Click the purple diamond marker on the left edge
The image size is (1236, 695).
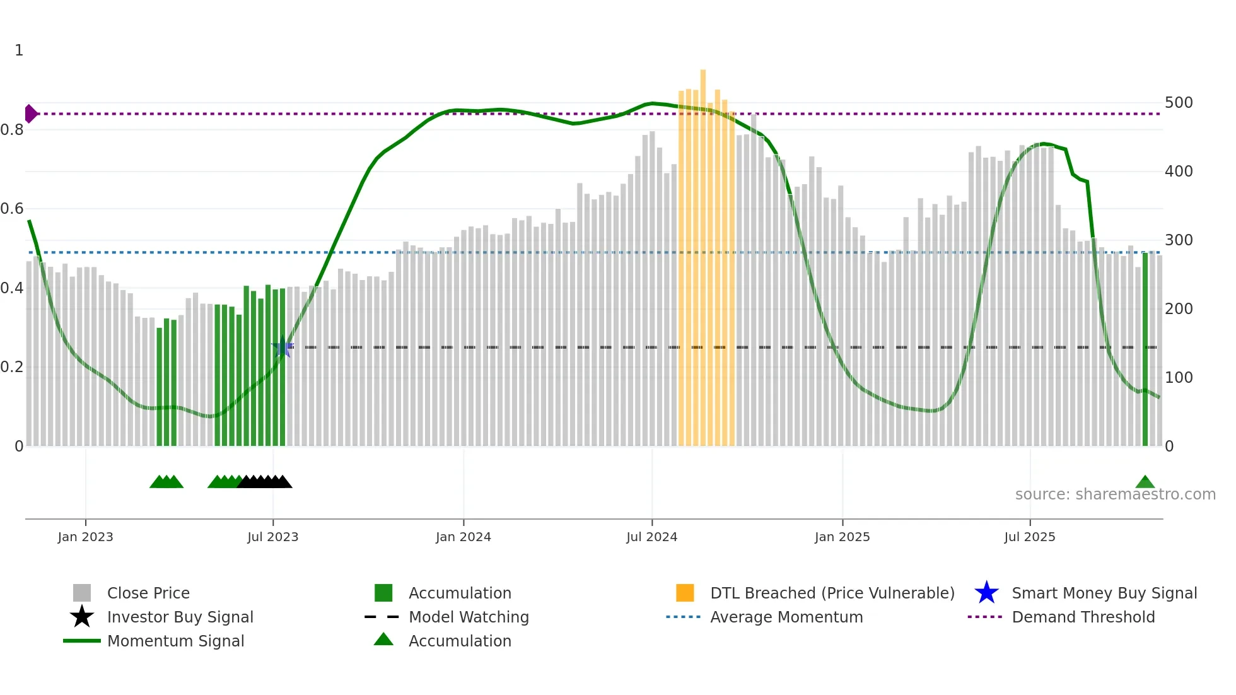[x=30, y=114]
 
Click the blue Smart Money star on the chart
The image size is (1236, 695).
[x=283, y=347]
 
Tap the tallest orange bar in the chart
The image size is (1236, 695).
[x=703, y=252]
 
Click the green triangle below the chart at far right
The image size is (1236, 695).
[x=1145, y=482]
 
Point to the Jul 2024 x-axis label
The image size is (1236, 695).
[x=651, y=537]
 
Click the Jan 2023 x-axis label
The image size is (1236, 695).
[x=85, y=537]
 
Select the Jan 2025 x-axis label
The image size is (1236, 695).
[x=842, y=537]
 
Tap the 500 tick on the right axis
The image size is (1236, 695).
[x=1178, y=103]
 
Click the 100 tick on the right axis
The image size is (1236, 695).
[x=1178, y=378]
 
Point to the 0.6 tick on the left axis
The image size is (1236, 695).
[x=12, y=209]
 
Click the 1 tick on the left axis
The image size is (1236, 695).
[x=19, y=50]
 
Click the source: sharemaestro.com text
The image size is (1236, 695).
[x=1115, y=494]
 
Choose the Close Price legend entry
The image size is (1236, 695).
[x=148, y=593]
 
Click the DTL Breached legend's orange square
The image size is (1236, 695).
[x=685, y=593]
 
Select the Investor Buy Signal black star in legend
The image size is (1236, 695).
[x=82, y=617]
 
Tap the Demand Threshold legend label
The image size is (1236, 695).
[x=1083, y=617]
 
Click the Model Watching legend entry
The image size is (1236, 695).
[x=468, y=617]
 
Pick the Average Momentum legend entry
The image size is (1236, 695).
[x=786, y=617]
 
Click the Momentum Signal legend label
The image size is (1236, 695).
[x=175, y=641]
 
